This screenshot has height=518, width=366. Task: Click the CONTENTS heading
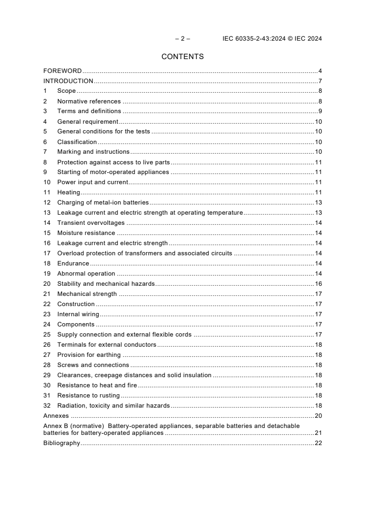click(x=182, y=57)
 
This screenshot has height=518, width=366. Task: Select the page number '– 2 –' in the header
click(x=182, y=39)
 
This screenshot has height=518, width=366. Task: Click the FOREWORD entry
click(x=62, y=71)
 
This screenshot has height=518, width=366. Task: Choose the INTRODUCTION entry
click(x=68, y=81)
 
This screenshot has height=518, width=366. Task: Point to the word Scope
click(x=66, y=91)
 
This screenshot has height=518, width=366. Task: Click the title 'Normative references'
click(x=89, y=101)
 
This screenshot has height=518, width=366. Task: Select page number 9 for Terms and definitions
click(x=320, y=111)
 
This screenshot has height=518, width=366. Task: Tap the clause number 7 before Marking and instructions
click(x=45, y=152)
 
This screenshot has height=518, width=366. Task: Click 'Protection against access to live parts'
click(x=114, y=162)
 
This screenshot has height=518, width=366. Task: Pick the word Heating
click(x=68, y=193)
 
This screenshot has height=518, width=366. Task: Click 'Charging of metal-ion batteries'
click(x=103, y=203)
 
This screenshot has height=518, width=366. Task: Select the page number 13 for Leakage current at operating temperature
click(x=318, y=213)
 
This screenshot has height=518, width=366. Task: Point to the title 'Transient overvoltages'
click(x=91, y=223)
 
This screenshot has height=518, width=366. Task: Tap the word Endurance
click(x=73, y=264)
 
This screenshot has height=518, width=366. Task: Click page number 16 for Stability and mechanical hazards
click(x=318, y=284)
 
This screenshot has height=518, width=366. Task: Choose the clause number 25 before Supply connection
click(x=47, y=335)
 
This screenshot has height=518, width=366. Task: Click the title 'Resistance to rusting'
click(x=88, y=396)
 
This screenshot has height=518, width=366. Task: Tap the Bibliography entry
click(x=61, y=443)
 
